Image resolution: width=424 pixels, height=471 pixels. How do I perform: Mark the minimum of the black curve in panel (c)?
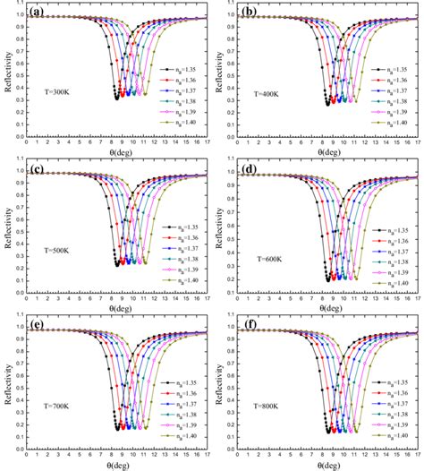click(x=117, y=264)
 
